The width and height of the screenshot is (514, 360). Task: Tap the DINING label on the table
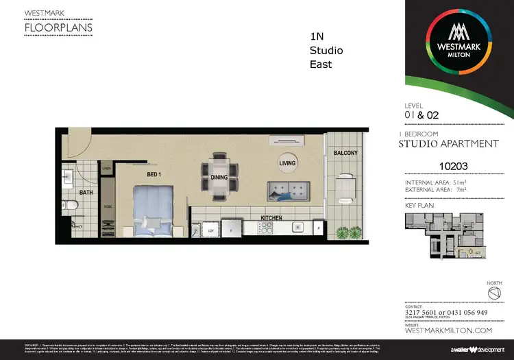click(219, 177)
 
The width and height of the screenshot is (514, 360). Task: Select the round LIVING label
click(288, 163)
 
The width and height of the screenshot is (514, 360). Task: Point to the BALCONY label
click(345, 153)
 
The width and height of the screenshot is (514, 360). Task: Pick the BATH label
click(86, 193)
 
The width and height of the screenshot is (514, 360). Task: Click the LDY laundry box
click(210, 231)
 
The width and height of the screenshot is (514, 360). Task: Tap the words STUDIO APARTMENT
click(448, 144)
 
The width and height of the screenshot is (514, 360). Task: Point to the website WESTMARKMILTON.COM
click(448, 331)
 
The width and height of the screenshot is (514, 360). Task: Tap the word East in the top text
click(321, 64)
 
